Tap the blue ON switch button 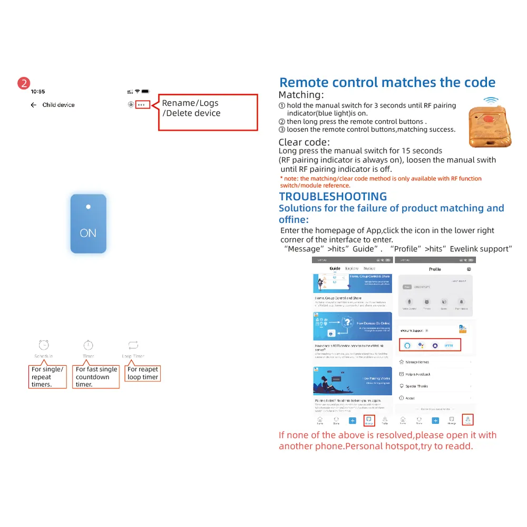pos(89,223)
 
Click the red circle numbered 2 pos(24,83)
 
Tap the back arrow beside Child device pos(33,105)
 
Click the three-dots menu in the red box pos(142,105)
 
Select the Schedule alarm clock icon pos(44,345)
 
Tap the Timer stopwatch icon pos(89,345)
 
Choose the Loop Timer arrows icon pos(133,345)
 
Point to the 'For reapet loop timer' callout pos(143,373)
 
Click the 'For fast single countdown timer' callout pos(96,377)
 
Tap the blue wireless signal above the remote pos(491,100)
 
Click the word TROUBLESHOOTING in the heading pos(333,197)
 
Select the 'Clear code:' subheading pos(304,142)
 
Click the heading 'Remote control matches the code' pos(387,83)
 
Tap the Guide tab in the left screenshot pos(335,269)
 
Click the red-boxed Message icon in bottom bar pos(369,420)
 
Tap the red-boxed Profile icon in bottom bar pos(468,420)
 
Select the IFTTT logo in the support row pos(448,345)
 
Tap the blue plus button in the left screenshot pos(353,421)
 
